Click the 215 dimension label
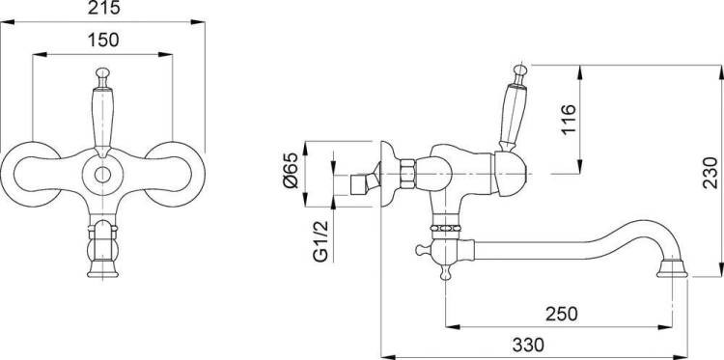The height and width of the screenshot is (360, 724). coord(104,8)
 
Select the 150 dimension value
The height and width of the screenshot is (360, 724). coord(103,41)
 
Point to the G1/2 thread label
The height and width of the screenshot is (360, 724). coord(321,241)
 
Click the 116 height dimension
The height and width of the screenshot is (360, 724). coord(570,120)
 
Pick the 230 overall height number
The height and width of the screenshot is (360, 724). coord(710,173)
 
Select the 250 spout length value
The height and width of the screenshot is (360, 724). coord(562,314)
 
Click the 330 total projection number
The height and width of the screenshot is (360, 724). coord(528,345)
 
